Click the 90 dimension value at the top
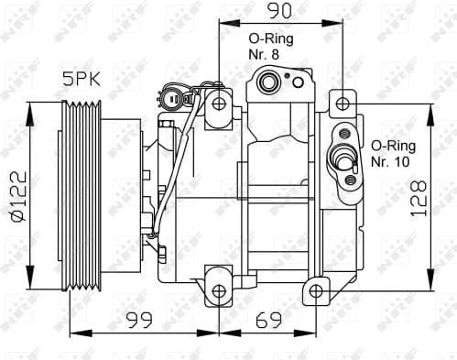click(x=279, y=11)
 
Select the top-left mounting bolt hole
click(x=219, y=103)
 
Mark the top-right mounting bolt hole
click(x=342, y=104)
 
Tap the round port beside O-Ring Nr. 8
click(x=270, y=84)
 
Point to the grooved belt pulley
click(x=81, y=196)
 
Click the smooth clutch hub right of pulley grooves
click(x=114, y=196)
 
